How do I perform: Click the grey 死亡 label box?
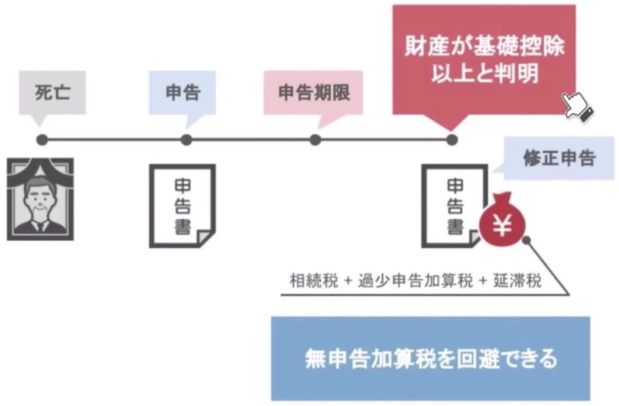[53, 93]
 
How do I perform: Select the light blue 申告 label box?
[183, 93]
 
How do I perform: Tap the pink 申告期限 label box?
[313, 93]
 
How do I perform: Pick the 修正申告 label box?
[559, 159]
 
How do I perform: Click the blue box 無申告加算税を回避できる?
[431, 359]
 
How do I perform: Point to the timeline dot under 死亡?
[42, 140]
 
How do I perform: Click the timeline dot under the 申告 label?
[186, 140]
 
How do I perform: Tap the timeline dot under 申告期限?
[315, 140]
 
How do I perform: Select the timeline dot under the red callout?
[452, 140]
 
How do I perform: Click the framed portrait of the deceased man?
[40, 200]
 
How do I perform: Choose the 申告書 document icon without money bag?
[183, 206]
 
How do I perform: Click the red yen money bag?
[502, 219]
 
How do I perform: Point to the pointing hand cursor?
[578, 106]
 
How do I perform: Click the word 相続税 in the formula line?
[313, 281]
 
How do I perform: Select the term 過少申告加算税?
[415, 281]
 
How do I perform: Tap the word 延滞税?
[517, 281]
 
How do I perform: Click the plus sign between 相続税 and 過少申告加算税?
[347, 281]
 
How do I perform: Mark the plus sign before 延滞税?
[483, 281]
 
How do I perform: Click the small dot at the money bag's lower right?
[526, 240]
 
